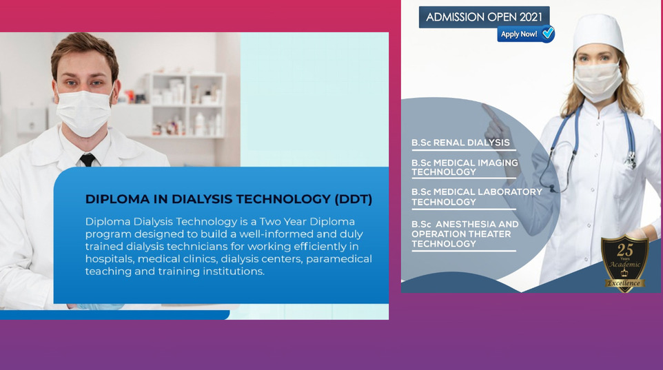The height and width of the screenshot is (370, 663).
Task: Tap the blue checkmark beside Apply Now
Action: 548,32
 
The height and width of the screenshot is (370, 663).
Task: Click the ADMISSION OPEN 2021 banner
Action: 484,17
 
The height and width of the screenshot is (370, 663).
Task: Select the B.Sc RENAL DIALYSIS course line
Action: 460,143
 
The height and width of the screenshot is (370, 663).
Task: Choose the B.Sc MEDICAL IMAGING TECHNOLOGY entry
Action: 465,167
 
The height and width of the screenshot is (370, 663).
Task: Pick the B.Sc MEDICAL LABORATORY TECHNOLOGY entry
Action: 476,197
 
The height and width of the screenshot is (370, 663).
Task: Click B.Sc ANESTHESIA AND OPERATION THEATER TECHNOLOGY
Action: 465,234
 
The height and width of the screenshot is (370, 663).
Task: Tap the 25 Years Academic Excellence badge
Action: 624,263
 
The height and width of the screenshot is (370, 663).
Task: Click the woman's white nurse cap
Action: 598,33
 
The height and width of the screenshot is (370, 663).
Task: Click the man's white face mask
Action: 83,113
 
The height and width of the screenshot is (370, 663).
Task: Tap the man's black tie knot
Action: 88,160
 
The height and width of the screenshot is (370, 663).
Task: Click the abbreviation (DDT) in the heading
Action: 354,199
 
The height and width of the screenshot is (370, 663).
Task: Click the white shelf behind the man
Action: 186,105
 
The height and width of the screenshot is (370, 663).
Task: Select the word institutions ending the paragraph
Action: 234,271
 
